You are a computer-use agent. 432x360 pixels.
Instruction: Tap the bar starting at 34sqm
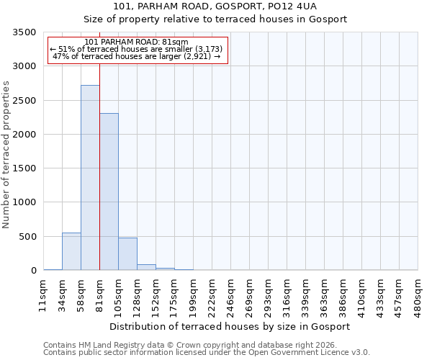(71, 251)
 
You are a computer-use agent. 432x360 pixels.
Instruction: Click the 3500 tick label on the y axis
(24, 32)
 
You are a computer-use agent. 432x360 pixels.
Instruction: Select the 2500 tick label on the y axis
(24, 101)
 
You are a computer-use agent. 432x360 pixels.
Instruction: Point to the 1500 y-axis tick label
(24, 168)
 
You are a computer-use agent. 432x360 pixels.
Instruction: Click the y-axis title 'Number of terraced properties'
(6, 155)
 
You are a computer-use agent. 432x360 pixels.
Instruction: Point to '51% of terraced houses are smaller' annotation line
(136, 49)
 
